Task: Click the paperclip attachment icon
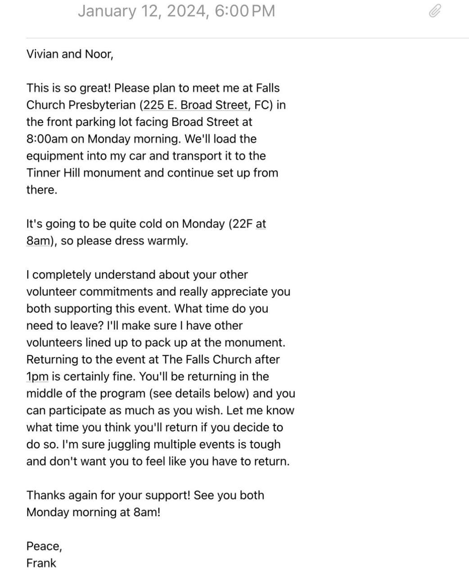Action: coord(434,11)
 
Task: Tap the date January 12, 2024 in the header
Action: coord(143,11)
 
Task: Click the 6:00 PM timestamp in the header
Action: coord(245,11)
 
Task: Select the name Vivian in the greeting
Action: coord(42,54)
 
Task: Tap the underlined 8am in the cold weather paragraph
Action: coord(37,241)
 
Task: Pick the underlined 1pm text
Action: coord(37,376)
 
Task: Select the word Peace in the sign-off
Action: coord(43,546)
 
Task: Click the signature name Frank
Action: coord(41,563)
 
